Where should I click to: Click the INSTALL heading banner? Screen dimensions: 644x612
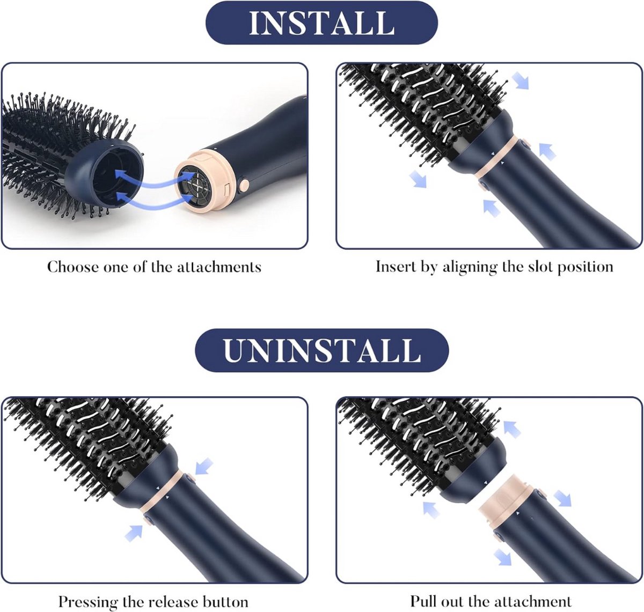(x=321, y=23)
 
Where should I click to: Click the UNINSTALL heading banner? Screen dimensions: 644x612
(x=321, y=350)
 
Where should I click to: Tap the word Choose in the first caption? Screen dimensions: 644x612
(x=73, y=267)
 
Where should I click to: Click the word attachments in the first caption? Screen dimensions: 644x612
(x=219, y=267)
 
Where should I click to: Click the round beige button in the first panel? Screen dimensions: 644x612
(x=244, y=185)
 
